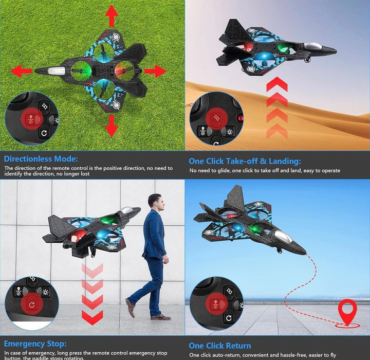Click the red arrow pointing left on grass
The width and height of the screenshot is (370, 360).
coord(21,71)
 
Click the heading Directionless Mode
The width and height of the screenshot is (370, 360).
coord(41,159)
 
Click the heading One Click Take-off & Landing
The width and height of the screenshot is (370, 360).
coord(245,161)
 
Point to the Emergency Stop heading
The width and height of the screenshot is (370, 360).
coord(35,343)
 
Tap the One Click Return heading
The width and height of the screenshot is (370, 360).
coord(220,346)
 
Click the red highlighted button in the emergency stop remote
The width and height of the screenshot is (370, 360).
coord(32,304)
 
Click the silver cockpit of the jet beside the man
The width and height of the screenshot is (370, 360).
coord(126,210)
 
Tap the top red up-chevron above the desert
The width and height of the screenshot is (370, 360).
coord(276,84)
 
